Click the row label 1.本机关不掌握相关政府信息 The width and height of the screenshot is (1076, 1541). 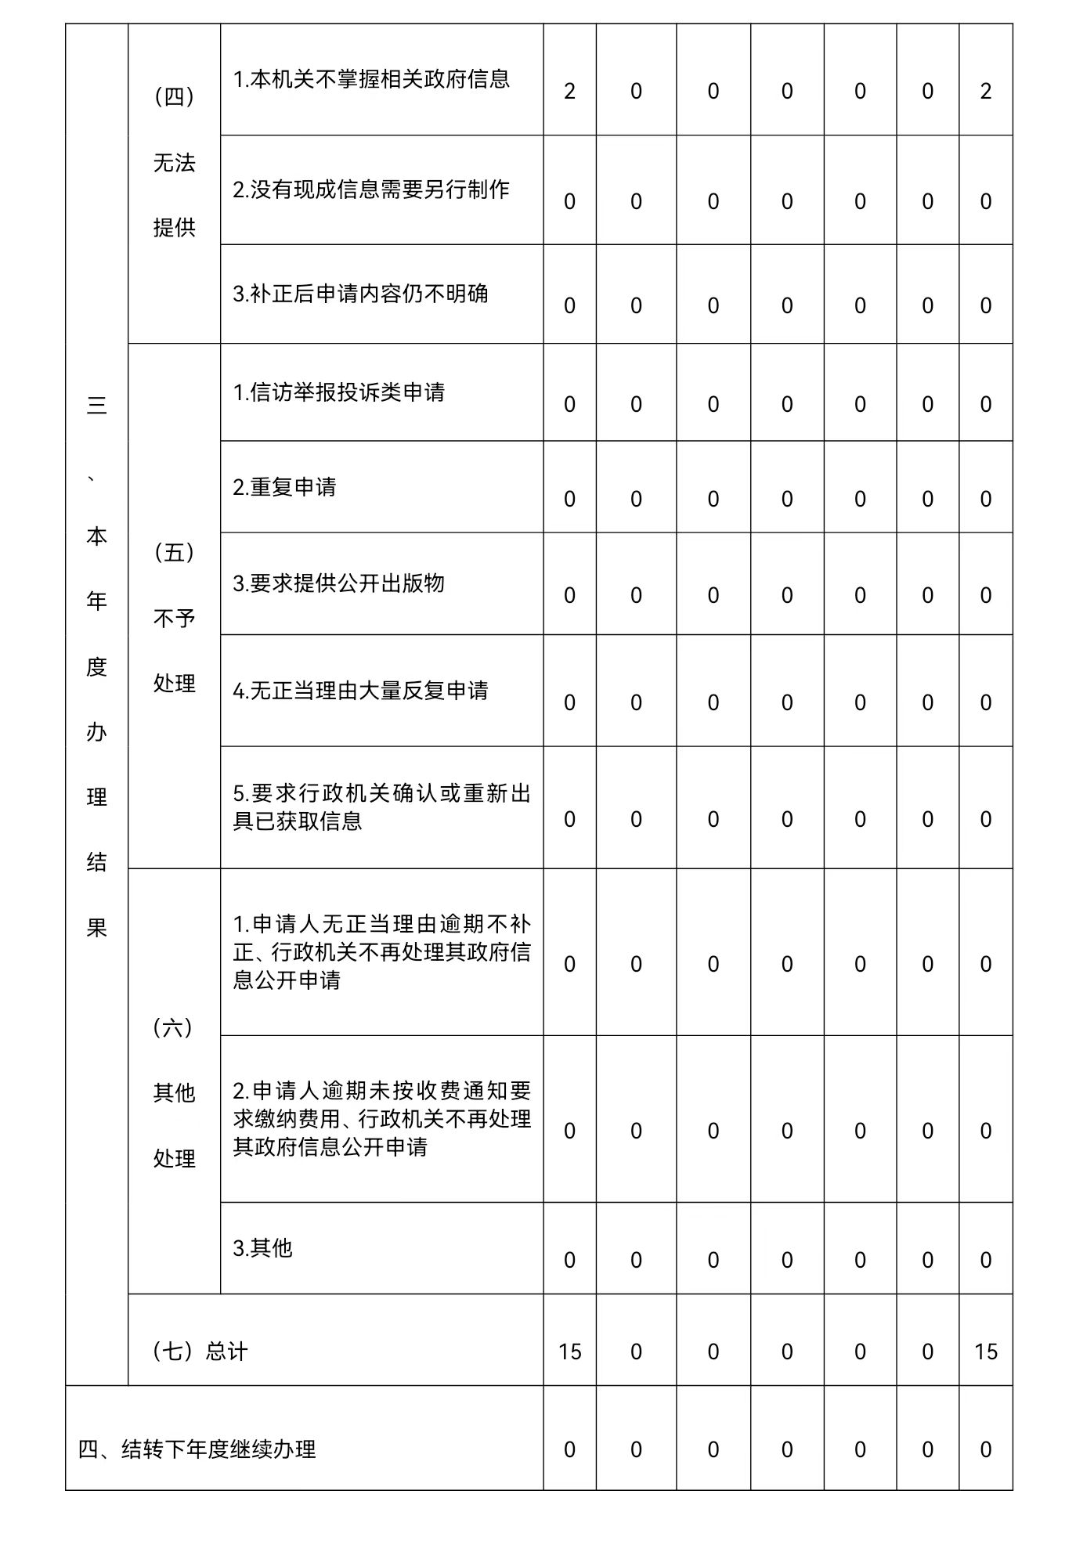[371, 79]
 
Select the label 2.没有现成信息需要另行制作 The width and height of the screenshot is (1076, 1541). [371, 189]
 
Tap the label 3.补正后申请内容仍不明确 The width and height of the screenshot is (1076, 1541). [360, 294]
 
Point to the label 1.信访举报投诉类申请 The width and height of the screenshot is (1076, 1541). [338, 392]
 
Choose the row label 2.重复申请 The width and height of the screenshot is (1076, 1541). [284, 487]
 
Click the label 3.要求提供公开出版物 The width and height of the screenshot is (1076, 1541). [338, 583]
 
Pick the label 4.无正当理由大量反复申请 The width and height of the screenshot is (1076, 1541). [360, 691]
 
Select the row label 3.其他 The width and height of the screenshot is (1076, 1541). [262, 1247]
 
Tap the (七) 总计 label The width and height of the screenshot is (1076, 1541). [200, 1352]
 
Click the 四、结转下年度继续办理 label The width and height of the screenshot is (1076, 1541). [197, 1449]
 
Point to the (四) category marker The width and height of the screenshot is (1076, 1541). [174, 97]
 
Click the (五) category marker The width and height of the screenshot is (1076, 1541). [174, 553]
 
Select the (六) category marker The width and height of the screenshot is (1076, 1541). [173, 1027]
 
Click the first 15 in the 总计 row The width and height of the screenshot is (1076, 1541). [570, 1352]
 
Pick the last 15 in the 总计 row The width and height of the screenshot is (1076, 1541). [986, 1352]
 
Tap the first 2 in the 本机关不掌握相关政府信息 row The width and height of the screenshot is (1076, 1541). [569, 92]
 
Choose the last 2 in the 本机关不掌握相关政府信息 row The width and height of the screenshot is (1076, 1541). [986, 92]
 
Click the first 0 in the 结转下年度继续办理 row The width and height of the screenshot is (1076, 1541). [569, 1450]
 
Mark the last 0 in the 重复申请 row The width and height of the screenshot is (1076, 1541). [986, 500]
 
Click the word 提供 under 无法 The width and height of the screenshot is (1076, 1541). [174, 228]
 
